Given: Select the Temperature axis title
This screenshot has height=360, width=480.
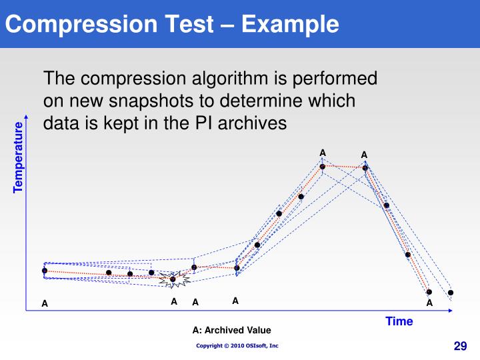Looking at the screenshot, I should (x=18, y=157).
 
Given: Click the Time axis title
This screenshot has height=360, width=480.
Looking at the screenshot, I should (x=399, y=321).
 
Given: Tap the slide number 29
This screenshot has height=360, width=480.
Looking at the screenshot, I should (x=460, y=345).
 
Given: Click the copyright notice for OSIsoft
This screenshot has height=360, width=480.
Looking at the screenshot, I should (x=237, y=345).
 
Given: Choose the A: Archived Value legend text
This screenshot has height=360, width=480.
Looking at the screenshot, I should (x=232, y=330).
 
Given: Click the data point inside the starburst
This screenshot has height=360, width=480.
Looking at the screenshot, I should (x=173, y=279).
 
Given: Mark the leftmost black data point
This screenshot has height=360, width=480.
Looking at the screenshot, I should (x=45, y=271).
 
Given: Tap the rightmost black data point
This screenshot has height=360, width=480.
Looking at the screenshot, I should (x=451, y=293).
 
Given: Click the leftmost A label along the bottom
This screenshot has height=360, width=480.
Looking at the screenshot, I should (x=45, y=304).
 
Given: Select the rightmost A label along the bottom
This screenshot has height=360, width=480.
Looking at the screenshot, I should (x=429, y=303).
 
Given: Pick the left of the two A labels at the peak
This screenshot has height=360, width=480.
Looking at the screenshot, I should (x=323, y=153).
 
